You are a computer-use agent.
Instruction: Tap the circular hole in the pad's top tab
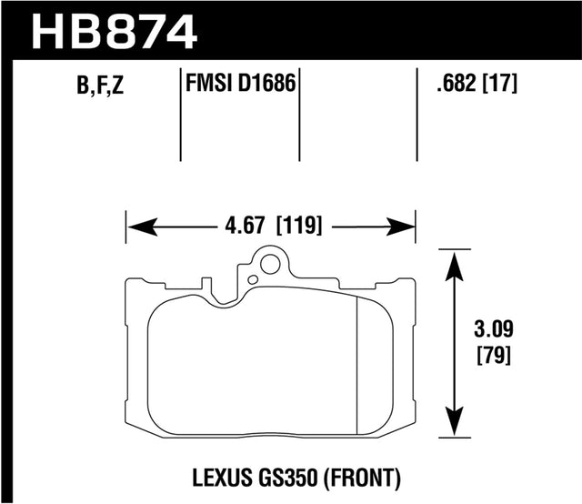point(268,265)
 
